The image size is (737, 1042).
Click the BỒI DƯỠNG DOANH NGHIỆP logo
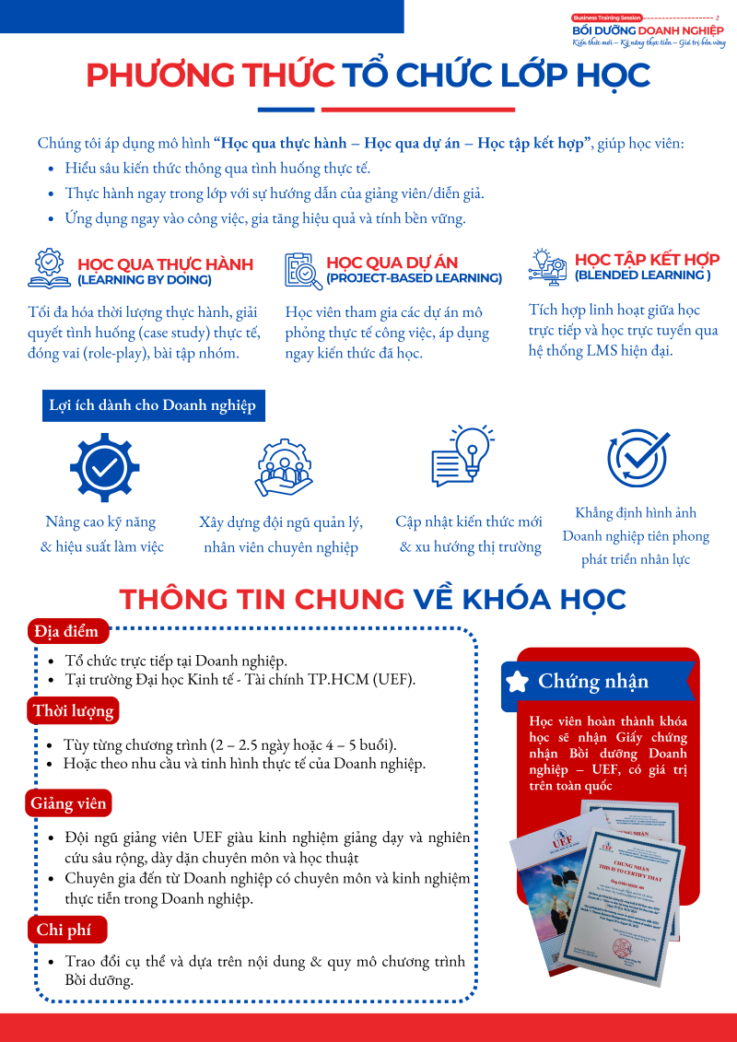(649, 30)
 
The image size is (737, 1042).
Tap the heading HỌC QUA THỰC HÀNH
(165, 264)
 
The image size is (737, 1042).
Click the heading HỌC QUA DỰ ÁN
(392, 263)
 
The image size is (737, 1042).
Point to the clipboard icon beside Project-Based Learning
(303, 270)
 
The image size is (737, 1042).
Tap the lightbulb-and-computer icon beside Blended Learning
(548, 265)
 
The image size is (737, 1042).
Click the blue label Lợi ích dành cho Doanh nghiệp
(153, 405)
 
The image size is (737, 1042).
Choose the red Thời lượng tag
(74, 710)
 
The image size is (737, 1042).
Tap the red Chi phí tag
(64, 930)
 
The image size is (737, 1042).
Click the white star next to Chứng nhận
(518, 682)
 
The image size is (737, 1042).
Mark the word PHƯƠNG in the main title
(149, 76)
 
